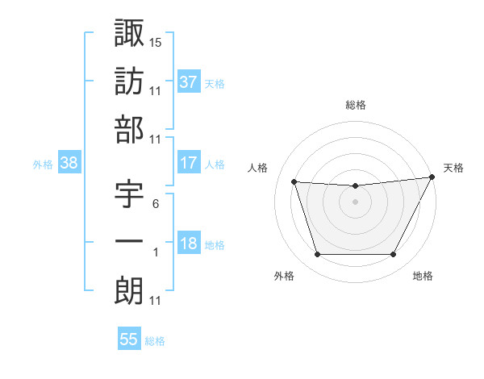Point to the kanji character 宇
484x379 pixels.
coord(129,194)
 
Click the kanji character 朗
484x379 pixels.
coord(129,291)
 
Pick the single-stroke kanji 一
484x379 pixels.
coord(129,243)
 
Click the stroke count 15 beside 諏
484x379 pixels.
coord(156,41)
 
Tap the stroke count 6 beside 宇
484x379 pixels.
coord(155,203)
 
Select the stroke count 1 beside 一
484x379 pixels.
coord(155,252)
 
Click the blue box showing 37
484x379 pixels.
coord(189,81)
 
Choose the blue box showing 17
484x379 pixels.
coord(189,163)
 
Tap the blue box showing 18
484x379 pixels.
coord(189,244)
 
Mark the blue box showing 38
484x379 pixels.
coord(69,163)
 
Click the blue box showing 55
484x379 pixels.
coord(129,339)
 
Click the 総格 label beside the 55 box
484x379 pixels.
coord(155,341)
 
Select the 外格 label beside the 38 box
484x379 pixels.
coord(43,165)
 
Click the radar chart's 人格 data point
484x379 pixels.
coord(294,182)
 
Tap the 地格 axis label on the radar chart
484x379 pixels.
coord(423,276)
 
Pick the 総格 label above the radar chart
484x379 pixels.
coord(356,105)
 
